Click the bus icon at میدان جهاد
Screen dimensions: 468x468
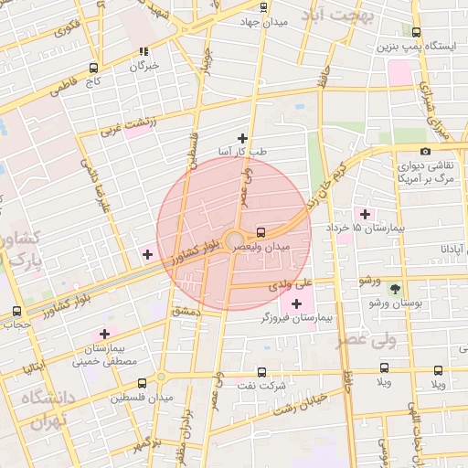click(x=264, y=7)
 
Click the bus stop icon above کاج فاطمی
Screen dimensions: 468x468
click(x=93, y=69)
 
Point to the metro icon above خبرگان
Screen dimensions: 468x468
click(x=143, y=52)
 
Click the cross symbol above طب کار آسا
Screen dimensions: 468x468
click(x=241, y=137)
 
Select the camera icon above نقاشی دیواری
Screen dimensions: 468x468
click(x=425, y=151)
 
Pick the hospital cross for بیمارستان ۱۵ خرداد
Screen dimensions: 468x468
click(x=366, y=213)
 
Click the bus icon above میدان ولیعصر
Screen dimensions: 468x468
click(x=262, y=232)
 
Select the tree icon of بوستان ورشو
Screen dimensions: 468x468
click(x=395, y=288)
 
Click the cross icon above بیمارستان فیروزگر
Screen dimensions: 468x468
click(x=296, y=303)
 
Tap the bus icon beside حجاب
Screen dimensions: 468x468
click(x=17, y=311)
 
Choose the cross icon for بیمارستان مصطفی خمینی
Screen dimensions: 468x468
click(x=104, y=335)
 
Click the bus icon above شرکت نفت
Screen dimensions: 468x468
click(x=262, y=372)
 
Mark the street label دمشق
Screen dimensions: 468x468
click(x=186, y=313)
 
